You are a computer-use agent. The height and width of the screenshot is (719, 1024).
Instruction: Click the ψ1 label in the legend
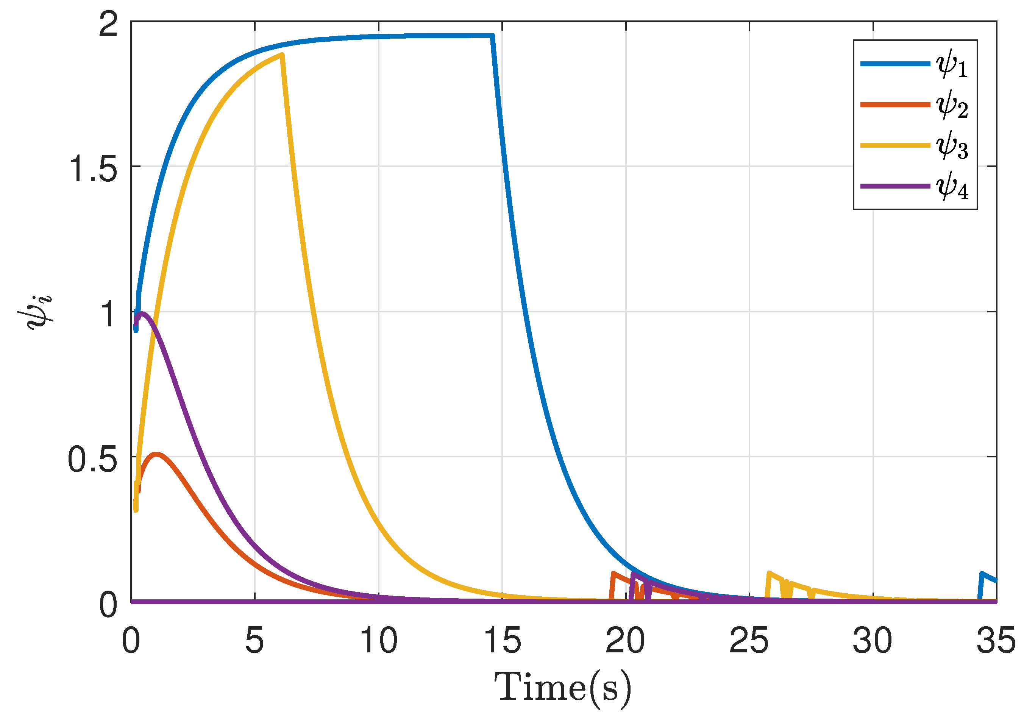(x=952, y=65)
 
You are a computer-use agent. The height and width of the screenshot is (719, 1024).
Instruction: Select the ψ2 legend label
(x=952, y=105)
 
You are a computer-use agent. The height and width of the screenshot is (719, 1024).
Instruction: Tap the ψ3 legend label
(x=952, y=146)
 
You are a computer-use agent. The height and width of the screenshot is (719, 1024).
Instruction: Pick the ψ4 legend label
(x=952, y=186)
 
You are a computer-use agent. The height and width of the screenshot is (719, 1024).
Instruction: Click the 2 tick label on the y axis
(x=108, y=24)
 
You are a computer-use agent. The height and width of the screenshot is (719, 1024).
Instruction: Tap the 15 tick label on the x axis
(x=502, y=641)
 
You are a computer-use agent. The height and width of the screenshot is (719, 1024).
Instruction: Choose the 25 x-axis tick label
(x=749, y=641)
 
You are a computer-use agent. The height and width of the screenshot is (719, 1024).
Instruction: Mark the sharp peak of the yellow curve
(x=282, y=55)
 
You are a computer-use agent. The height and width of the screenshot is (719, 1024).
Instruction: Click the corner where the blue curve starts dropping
(x=492, y=35)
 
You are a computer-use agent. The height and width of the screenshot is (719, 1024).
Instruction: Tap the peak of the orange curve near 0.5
(x=156, y=454)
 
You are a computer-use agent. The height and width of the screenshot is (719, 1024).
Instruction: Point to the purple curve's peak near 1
(x=142, y=313)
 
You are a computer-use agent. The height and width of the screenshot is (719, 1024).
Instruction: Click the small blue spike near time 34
(x=981, y=573)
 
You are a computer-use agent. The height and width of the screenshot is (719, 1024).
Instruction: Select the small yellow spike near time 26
(x=769, y=573)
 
